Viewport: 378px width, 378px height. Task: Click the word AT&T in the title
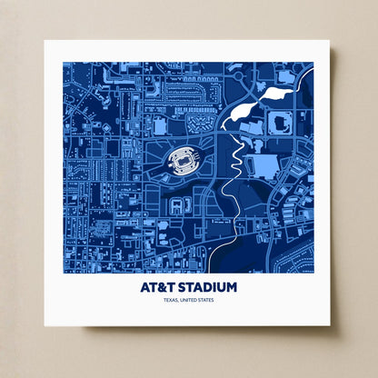point(156,287)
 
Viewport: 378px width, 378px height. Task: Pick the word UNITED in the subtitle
point(189,300)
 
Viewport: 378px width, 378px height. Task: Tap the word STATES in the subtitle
point(205,300)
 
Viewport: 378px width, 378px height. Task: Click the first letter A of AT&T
point(146,287)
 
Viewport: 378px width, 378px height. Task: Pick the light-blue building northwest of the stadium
point(159,125)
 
